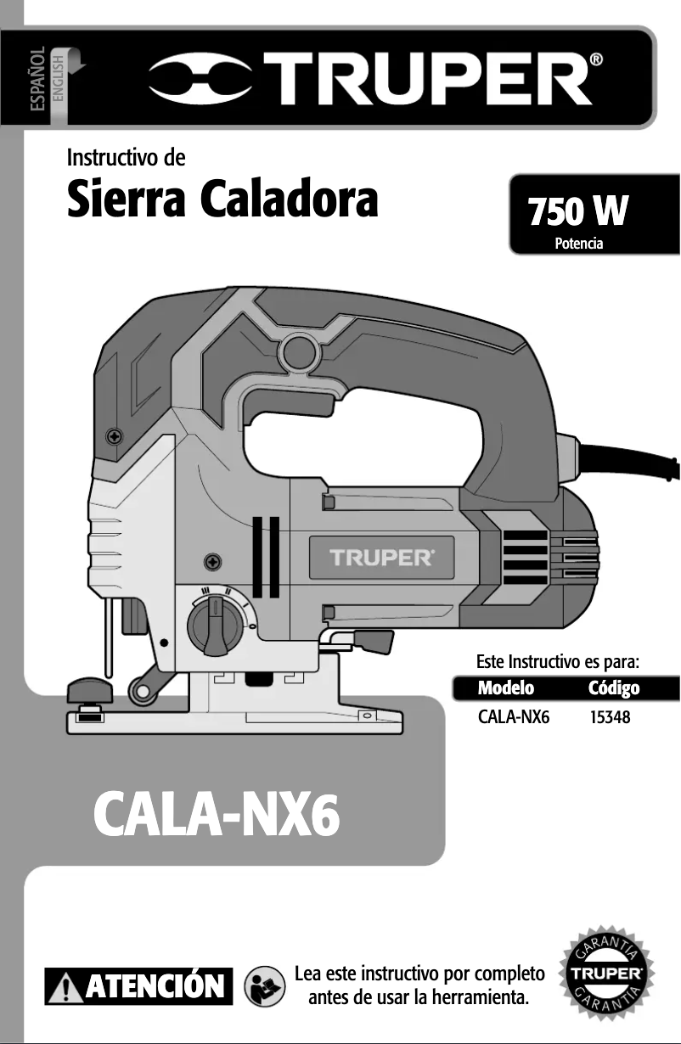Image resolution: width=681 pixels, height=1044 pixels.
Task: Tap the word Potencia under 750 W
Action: (x=578, y=244)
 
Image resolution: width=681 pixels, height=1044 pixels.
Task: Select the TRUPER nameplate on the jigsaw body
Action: (x=381, y=558)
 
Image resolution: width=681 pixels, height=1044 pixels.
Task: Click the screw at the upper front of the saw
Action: (x=115, y=436)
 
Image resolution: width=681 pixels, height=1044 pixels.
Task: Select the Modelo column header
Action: (x=506, y=687)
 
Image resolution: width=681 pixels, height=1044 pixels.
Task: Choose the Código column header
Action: (x=614, y=687)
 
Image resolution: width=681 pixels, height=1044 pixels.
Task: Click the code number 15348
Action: (x=610, y=718)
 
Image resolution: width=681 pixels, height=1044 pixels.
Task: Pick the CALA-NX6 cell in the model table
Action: (x=514, y=718)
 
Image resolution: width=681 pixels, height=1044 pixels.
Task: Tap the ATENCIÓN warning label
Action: (x=139, y=986)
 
